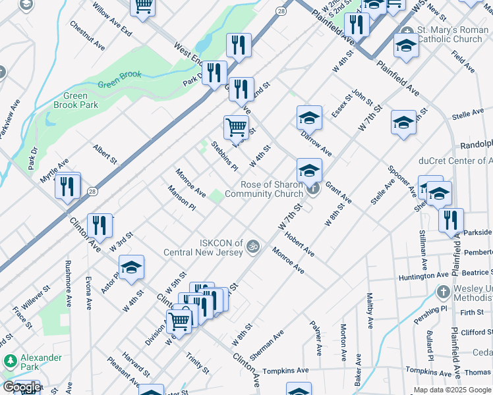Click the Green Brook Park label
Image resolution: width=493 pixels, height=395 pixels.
(x=76, y=100)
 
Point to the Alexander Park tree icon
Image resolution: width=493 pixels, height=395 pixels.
(x=10, y=361)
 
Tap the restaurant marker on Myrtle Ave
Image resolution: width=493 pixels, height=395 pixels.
(x=67, y=186)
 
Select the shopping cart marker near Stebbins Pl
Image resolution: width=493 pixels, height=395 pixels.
(x=236, y=126)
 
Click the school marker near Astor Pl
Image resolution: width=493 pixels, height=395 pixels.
(x=132, y=267)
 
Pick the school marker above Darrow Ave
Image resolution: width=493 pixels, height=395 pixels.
(x=308, y=118)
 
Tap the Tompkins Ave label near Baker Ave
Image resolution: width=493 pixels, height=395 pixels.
(x=286, y=371)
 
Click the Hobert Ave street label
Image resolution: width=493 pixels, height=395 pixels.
(x=300, y=244)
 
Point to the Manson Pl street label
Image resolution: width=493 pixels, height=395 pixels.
(x=182, y=197)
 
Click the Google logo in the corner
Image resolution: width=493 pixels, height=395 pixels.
(x=21, y=387)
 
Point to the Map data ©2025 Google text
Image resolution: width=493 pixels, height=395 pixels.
(x=451, y=390)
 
